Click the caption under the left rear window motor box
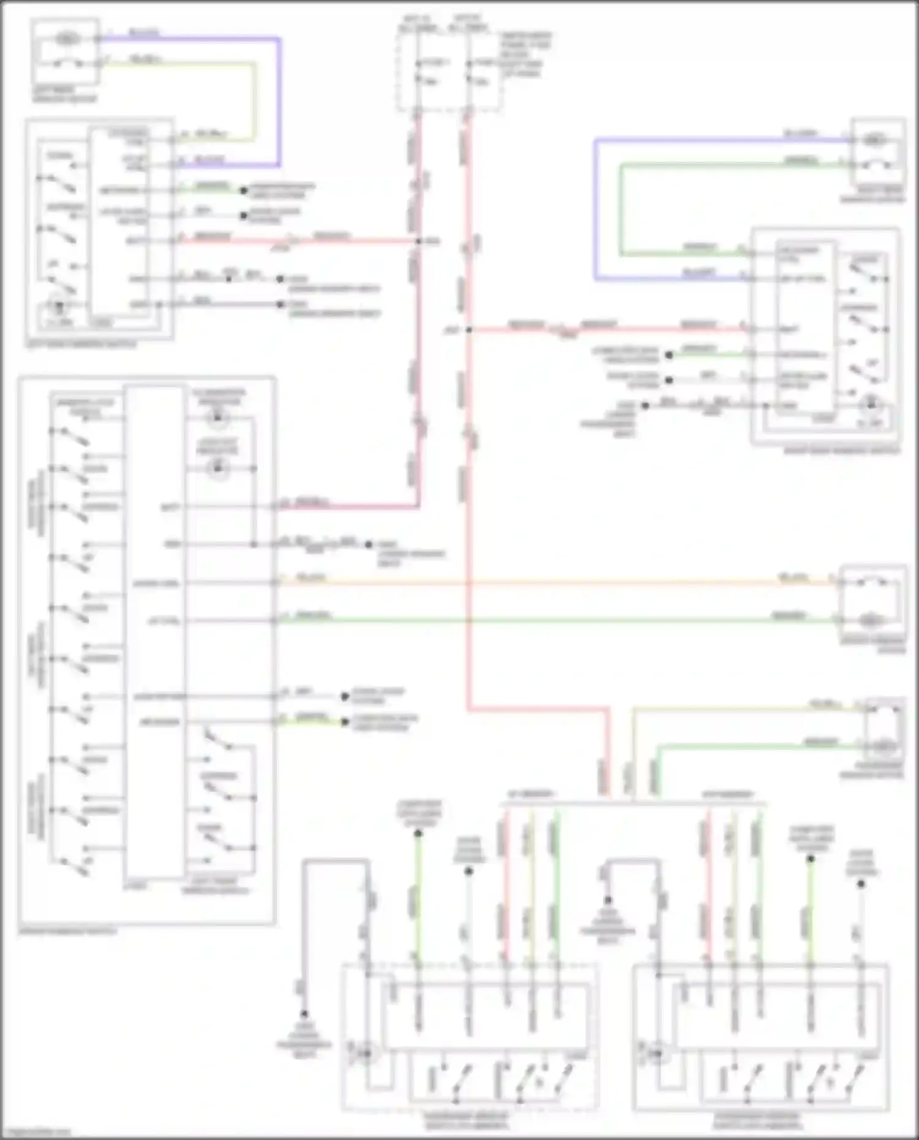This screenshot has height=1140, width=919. click(64, 94)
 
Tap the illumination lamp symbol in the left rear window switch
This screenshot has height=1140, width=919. click(59, 305)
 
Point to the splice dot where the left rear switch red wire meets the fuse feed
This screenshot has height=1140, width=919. click(419, 241)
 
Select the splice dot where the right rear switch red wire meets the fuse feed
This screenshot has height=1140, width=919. click(468, 330)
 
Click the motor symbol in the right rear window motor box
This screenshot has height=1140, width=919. click(875, 140)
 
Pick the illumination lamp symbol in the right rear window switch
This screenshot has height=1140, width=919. click(871, 405)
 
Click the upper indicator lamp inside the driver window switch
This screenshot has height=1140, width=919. click(217, 419)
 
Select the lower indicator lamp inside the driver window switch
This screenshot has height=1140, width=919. click(217, 469)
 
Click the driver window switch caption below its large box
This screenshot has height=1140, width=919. click(67, 931)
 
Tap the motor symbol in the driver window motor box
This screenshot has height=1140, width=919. click(869, 621)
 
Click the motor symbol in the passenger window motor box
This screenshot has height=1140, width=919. click(883, 747)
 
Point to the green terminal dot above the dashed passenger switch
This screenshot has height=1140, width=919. click(418, 833)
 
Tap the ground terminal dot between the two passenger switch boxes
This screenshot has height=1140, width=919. click(608, 900)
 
